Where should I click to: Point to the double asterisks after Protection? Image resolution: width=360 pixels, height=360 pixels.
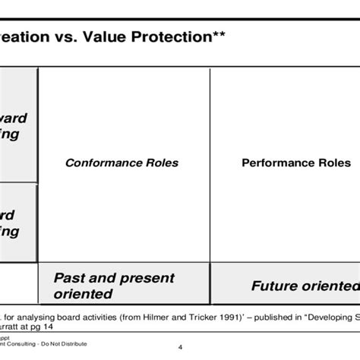click(x=215, y=36)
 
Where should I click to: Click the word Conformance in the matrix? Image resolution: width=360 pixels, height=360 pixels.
click(x=99, y=163)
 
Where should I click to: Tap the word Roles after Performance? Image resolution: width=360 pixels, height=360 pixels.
click(x=333, y=163)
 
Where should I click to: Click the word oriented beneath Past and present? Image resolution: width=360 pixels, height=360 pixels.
click(x=84, y=294)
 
